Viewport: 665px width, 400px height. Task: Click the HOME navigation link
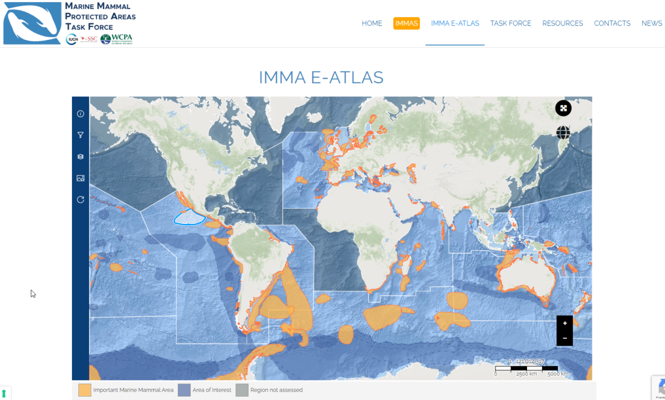point(372,23)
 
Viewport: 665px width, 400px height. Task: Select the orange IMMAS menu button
point(407,23)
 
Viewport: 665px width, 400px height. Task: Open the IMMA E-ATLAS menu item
point(455,23)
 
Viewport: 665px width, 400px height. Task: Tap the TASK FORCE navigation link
point(510,23)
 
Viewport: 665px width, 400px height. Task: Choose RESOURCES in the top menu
point(562,23)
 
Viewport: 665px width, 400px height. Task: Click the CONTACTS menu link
point(612,23)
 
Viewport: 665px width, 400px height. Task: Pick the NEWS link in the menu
point(652,23)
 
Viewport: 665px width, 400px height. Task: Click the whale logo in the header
point(32,23)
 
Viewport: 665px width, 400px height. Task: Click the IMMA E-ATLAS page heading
point(321,77)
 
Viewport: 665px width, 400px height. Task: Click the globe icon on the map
point(563,133)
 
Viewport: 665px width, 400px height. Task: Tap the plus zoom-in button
point(565,323)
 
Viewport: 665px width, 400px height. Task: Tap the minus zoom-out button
point(565,338)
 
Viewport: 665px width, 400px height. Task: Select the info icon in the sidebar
point(80,114)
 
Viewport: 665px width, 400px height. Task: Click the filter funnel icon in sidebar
point(80,135)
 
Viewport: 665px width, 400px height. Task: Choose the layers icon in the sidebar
point(80,156)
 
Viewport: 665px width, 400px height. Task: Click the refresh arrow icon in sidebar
point(80,200)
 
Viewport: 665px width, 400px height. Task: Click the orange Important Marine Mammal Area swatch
point(85,390)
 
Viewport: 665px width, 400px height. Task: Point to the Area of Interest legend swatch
point(184,390)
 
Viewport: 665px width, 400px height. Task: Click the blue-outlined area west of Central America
point(190,217)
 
